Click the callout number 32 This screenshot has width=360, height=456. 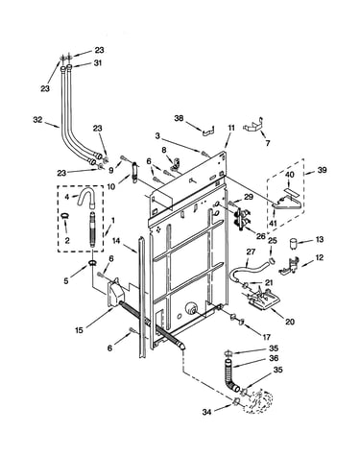coord(37,120)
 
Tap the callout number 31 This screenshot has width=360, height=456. coord(98,63)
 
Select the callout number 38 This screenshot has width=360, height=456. coord(180,118)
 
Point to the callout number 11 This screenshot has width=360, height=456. coord(231,128)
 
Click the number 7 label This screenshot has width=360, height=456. coord(268,143)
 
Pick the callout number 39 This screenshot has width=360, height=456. coord(322,170)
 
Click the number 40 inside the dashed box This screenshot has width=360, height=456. coord(289,175)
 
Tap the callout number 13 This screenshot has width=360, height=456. coord(320,239)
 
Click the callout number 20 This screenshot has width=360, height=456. coord(290,322)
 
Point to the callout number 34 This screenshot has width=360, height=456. coord(207,413)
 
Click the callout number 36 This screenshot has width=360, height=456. coord(274,358)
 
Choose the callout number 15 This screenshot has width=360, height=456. coord(79,330)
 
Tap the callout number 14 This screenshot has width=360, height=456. coord(116,240)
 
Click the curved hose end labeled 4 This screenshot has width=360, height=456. coord(86,198)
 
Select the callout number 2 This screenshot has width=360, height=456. coord(67,240)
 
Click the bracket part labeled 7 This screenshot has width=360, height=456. coord(254,125)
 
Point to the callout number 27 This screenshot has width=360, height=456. coord(251,252)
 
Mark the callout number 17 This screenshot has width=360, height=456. coord(267,337)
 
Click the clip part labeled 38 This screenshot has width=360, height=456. coord(208,132)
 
